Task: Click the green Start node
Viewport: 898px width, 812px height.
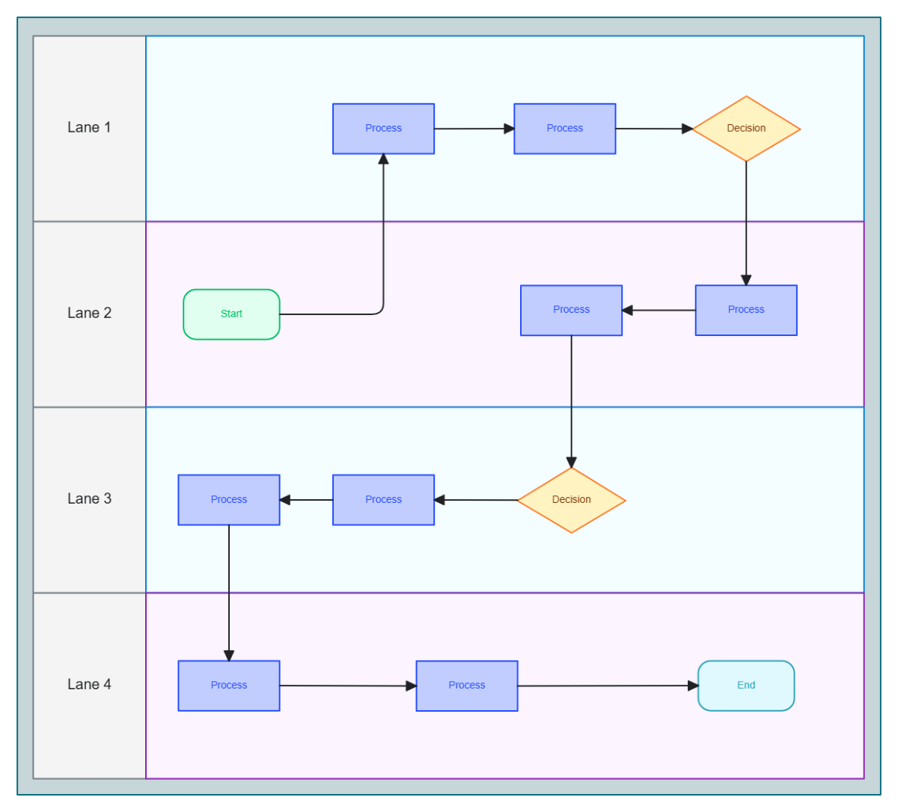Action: click(x=231, y=314)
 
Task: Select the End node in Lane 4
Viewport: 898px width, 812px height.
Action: click(x=745, y=686)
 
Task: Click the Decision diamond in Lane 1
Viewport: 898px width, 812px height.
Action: click(x=746, y=129)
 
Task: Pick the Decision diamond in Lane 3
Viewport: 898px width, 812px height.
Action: click(x=571, y=500)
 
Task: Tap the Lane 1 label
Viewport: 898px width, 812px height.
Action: click(x=89, y=127)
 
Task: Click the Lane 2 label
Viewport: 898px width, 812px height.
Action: click(x=89, y=313)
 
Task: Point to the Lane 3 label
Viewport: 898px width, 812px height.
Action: click(x=89, y=498)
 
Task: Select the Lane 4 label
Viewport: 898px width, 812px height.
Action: click(x=89, y=684)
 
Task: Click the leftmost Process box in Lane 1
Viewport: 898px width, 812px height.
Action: click(x=383, y=129)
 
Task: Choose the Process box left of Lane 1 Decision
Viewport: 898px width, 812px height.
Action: click(x=564, y=129)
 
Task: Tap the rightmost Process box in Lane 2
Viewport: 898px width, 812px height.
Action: click(x=745, y=310)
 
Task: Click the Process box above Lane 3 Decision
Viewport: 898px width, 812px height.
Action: click(x=571, y=310)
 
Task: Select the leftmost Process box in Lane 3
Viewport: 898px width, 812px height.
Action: click(x=228, y=500)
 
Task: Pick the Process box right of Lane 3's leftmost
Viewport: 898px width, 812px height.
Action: click(x=383, y=500)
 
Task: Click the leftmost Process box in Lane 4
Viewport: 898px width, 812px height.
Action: click(x=228, y=686)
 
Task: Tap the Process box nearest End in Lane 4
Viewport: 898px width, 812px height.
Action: click(x=466, y=686)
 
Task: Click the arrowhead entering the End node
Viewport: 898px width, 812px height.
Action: click(x=693, y=686)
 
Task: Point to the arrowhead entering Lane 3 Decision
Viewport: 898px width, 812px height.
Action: click(x=571, y=463)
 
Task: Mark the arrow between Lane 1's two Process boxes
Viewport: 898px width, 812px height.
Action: click(x=474, y=129)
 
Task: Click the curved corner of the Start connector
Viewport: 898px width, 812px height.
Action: click(x=381, y=311)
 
